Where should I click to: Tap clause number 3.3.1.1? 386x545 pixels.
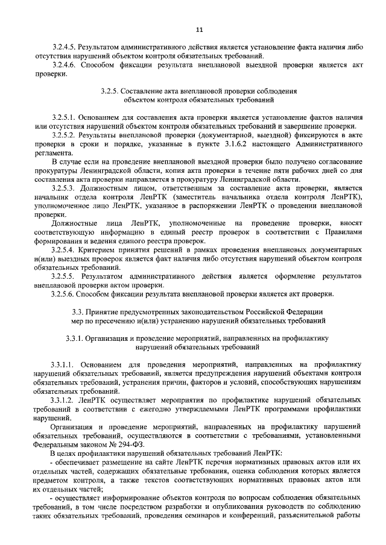click(64, 364)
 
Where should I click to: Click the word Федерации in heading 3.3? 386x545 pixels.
click(303, 311)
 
